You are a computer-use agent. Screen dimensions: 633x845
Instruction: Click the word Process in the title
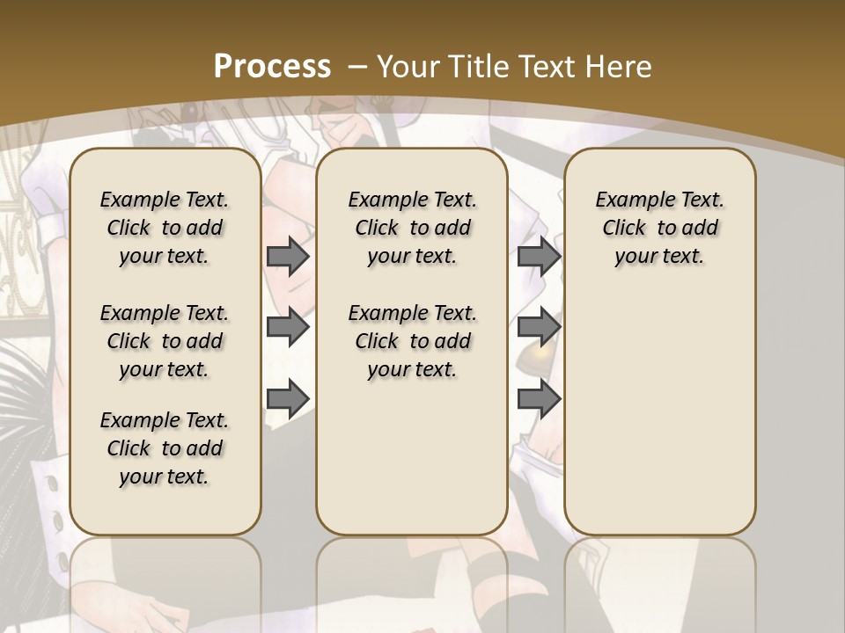coord(272,67)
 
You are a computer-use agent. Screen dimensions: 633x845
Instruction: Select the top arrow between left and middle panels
coord(288,256)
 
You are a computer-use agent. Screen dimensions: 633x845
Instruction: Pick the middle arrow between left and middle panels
coord(288,327)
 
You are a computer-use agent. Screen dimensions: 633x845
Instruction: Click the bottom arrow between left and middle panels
coord(288,398)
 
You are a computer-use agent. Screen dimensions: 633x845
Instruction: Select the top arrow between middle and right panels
coord(539,256)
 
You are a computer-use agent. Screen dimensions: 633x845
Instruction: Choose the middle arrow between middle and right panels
coord(539,327)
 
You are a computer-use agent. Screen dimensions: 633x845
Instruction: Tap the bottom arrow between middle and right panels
coord(539,398)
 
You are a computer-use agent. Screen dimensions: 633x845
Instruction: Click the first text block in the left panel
coord(165,228)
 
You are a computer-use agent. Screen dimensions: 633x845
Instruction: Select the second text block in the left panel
coord(165,341)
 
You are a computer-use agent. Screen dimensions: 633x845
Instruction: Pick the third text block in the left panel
coord(165,448)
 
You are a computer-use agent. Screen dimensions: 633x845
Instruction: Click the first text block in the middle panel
coord(412,228)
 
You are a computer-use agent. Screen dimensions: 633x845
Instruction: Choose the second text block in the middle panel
coord(412,341)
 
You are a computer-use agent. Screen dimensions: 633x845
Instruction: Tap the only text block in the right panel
coord(659,228)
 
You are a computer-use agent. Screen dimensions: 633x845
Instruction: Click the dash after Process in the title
coord(357,67)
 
